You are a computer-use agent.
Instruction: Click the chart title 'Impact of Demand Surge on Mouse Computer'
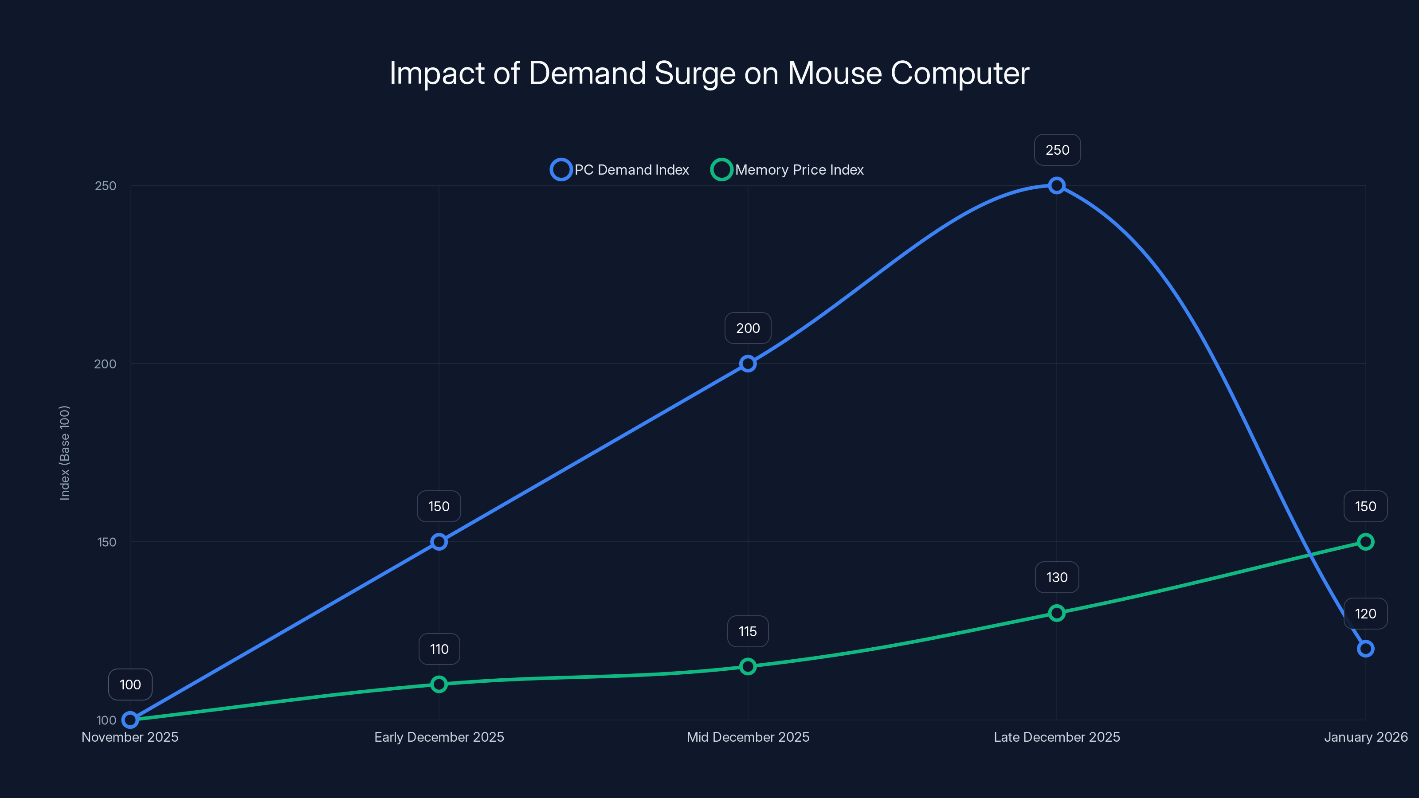click(709, 73)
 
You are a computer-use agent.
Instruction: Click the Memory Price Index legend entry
click(787, 170)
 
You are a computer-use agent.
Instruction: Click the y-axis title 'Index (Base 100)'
click(64, 453)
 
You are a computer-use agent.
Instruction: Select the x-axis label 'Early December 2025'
click(439, 737)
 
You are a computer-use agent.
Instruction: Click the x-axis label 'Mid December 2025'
click(748, 737)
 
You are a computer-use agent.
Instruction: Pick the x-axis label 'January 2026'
click(1365, 737)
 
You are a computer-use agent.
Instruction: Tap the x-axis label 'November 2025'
click(130, 737)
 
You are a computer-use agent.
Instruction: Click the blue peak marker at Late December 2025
click(1056, 186)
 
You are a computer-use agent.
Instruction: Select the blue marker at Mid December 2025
click(748, 364)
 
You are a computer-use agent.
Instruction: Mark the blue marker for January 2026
click(1365, 649)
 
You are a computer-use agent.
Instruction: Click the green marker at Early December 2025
click(439, 684)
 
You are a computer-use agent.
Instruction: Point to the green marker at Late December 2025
click(1056, 613)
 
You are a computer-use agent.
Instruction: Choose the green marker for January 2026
click(1365, 542)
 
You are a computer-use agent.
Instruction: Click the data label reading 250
click(1057, 150)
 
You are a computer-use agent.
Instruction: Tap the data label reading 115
click(748, 631)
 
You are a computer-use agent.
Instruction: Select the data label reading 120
click(1365, 614)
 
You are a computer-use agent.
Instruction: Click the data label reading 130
click(1057, 577)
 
